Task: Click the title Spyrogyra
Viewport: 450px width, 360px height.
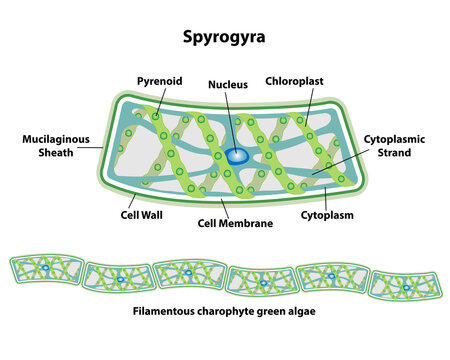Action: pos(224,37)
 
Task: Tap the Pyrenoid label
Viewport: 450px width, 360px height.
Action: pos(160,81)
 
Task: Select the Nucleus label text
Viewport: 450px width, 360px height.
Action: pos(228,84)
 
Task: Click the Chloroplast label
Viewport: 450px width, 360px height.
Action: pos(294,81)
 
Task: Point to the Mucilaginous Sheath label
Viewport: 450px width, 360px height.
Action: pos(56,146)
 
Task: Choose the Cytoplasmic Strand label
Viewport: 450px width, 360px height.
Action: pos(394,146)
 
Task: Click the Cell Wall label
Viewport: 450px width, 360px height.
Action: pos(142,215)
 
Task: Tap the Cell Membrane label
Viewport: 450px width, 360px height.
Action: pos(235,223)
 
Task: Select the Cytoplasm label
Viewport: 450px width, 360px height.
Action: pos(327,215)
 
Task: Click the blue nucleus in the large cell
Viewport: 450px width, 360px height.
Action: pos(236,156)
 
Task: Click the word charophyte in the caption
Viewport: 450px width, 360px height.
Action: pos(225,311)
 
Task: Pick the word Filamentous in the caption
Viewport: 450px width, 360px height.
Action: pos(163,311)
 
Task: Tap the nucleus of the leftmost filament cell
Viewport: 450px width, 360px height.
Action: pos(46,268)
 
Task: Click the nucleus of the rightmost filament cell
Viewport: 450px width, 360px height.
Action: pos(406,287)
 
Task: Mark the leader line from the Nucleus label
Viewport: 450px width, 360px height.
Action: pos(231,123)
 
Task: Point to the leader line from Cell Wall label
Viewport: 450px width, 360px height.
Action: pos(132,201)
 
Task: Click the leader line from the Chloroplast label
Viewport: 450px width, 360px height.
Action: pos(309,107)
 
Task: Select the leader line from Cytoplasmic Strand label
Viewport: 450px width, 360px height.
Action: pos(341,162)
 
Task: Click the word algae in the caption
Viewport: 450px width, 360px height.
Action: pos(302,312)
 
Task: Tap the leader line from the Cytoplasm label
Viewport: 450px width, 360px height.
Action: pos(326,198)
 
